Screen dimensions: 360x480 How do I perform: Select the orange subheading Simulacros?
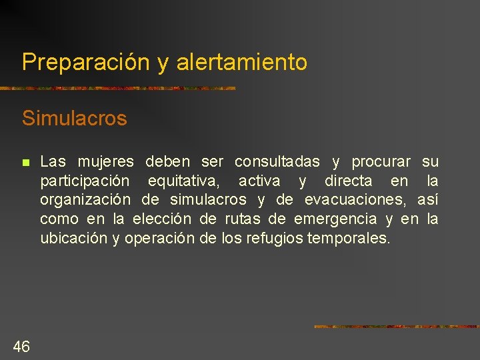(x=74, y=119)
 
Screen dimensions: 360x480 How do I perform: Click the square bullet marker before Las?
(x=25, y=162)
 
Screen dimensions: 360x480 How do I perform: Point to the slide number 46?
(x=21, y=345)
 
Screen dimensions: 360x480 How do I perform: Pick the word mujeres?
(x=106, y=162)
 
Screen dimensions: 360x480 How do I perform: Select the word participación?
(x=85, y=181)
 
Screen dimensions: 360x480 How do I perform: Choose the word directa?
(x=348, y=181)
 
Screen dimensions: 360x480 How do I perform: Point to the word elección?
(x=162, y=219)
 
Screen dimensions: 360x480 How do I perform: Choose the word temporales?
(x=349, y=238)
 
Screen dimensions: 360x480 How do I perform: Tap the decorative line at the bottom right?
(x=396, y=327)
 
